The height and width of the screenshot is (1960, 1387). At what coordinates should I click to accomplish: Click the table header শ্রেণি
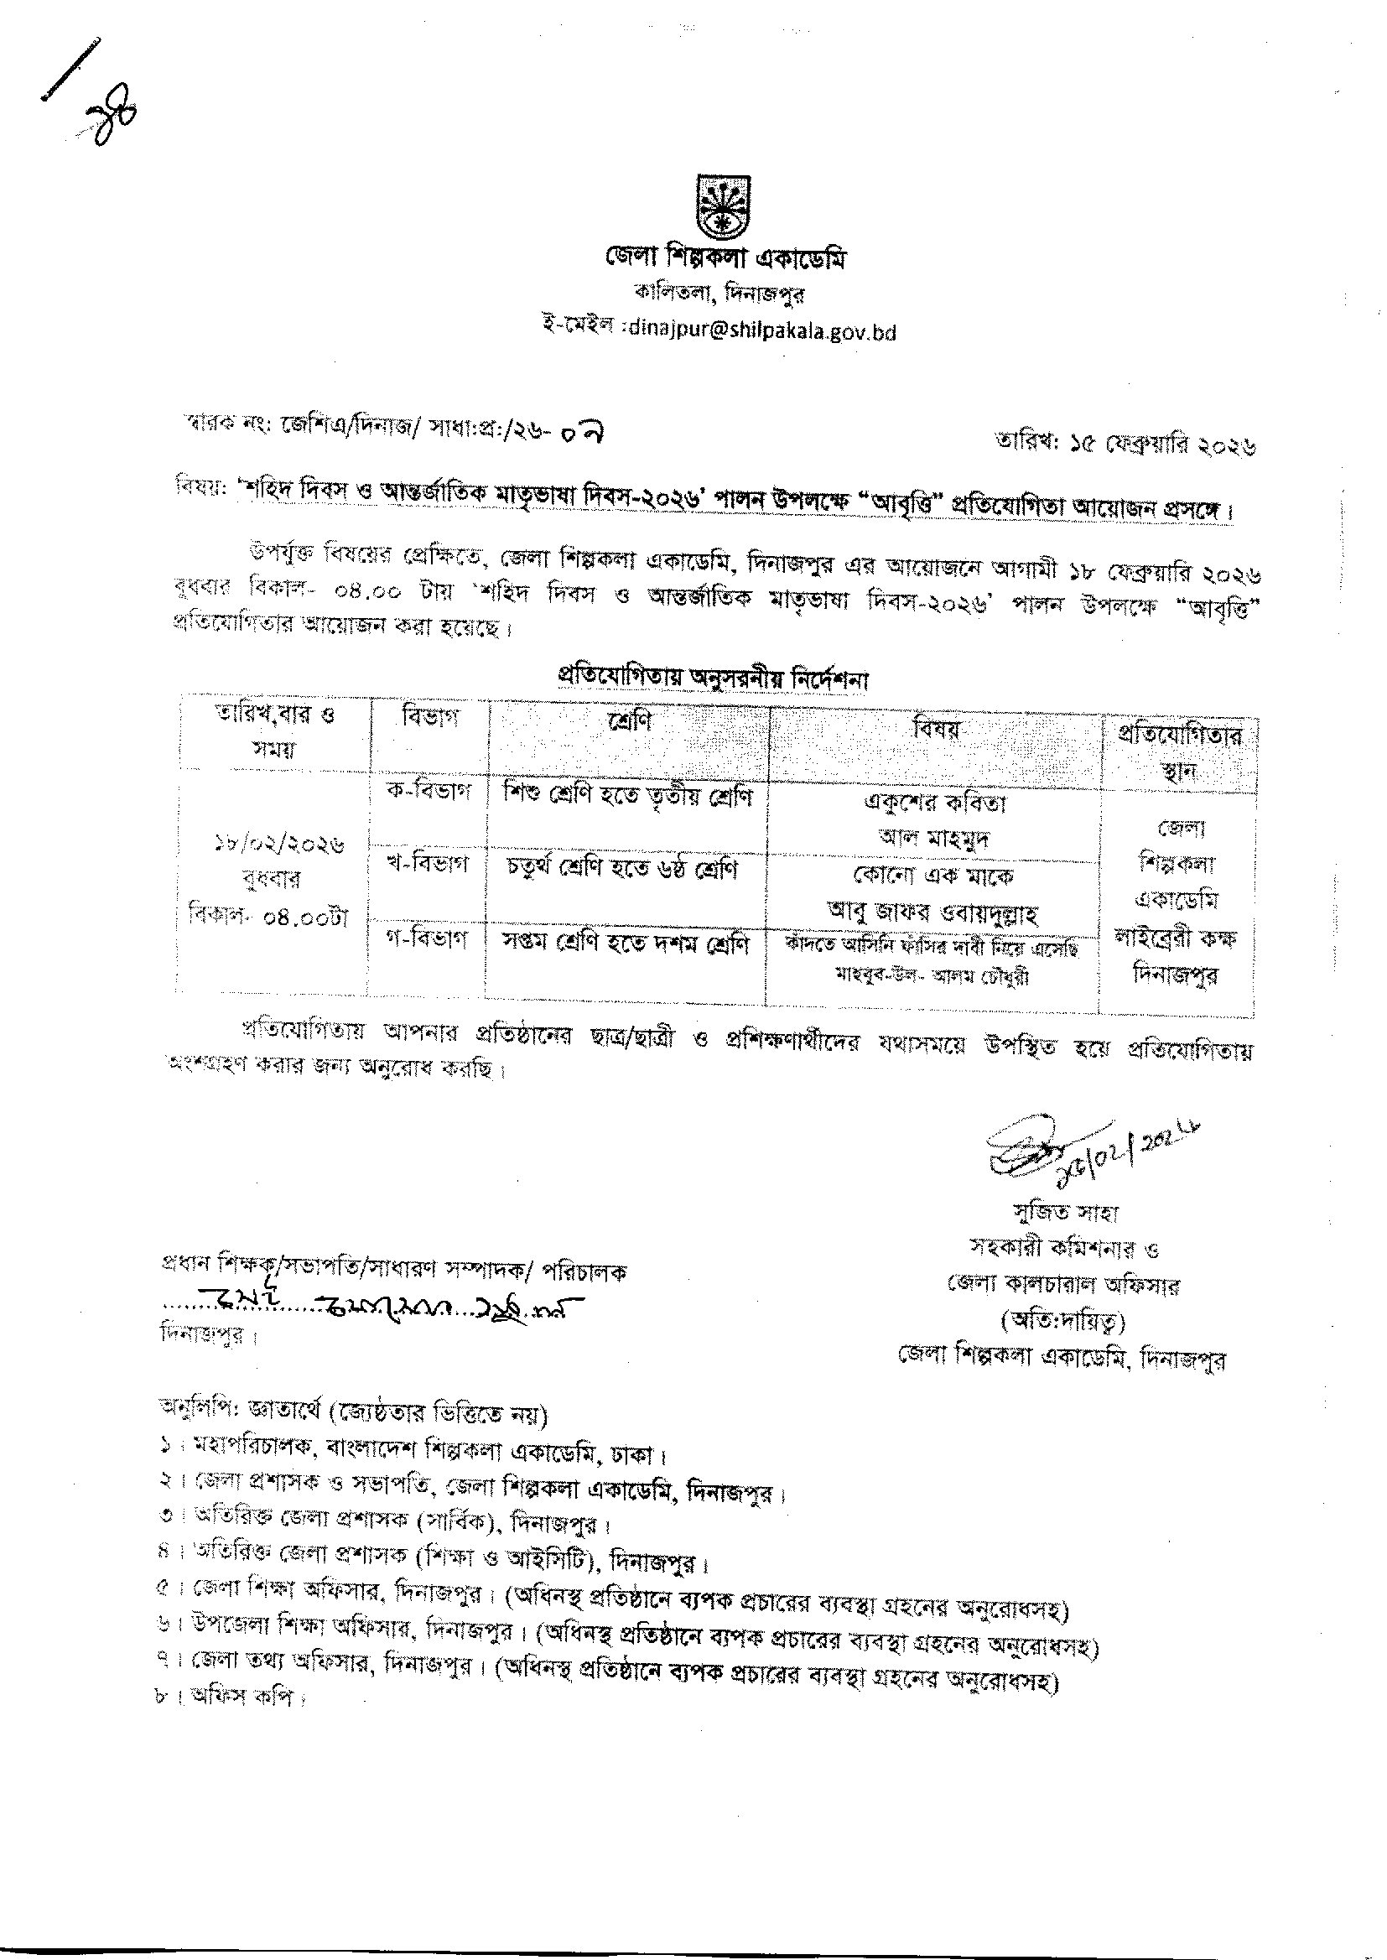click(629, 720)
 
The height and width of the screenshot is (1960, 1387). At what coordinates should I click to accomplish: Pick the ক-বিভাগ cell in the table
click(429, 791)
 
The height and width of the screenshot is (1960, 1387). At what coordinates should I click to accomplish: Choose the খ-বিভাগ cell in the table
click(429, 865)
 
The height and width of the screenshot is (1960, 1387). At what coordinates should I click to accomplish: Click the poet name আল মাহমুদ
click(933, 838)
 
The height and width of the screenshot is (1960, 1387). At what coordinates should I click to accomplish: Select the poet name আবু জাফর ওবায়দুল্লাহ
click(933, 913)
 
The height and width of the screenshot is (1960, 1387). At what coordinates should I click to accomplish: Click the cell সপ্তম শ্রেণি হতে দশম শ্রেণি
click(626, 945)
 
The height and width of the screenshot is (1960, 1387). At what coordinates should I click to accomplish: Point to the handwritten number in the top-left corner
click(111, 122)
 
